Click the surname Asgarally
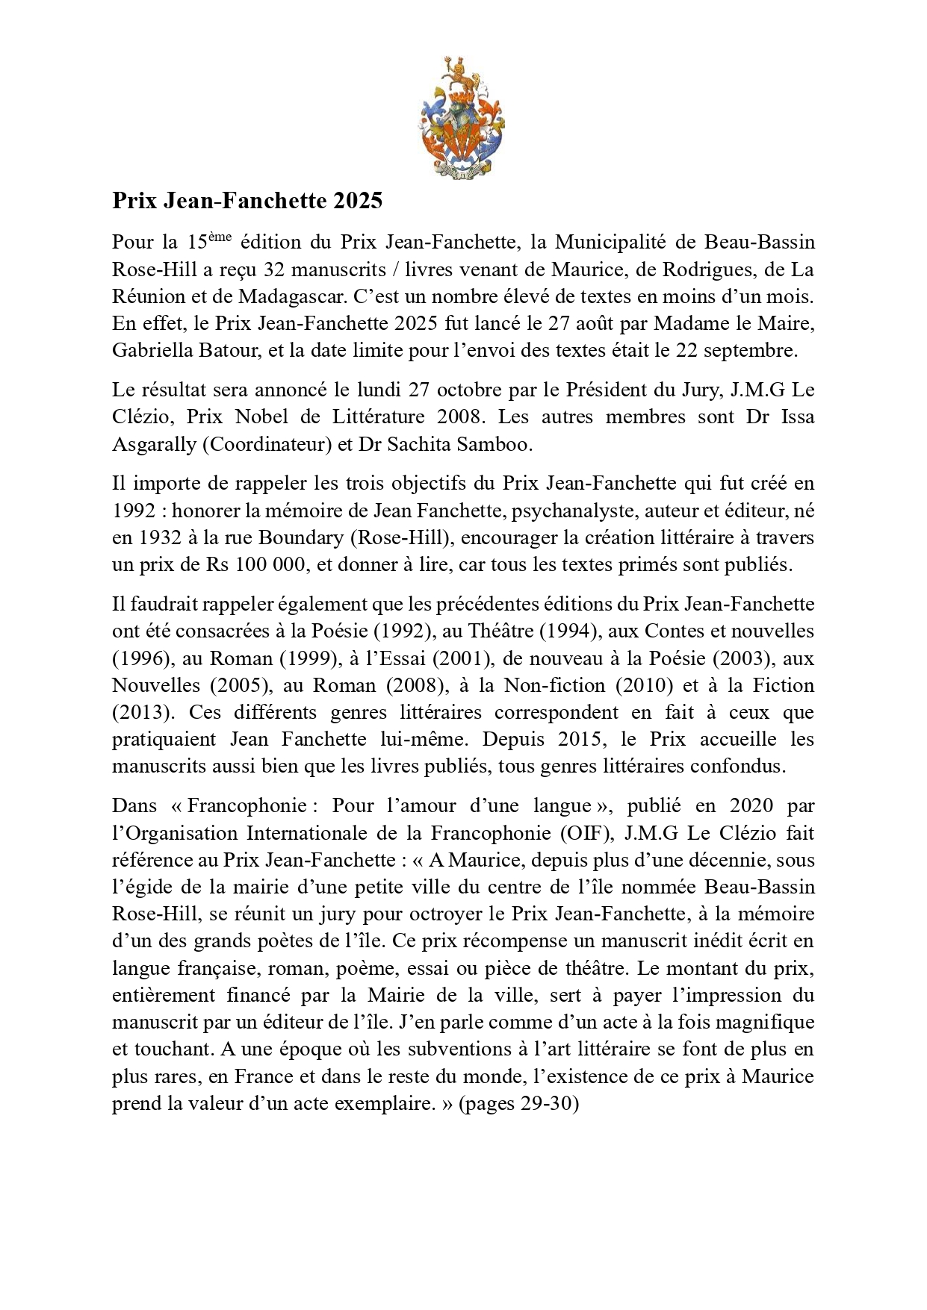[x=154, y=444]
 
